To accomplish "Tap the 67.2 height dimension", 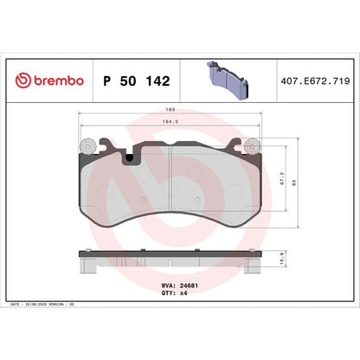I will tap(284, 179).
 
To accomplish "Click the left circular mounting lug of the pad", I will tap(87, 146).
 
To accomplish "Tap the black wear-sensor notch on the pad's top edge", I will tap(131, 157).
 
